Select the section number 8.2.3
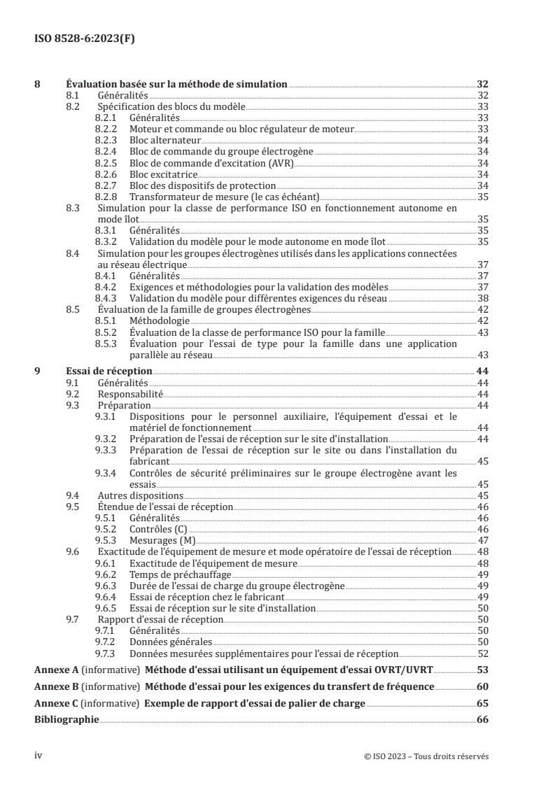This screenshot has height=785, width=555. click(x=105, y=140)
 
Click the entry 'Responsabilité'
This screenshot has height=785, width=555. click(x=130, y=394)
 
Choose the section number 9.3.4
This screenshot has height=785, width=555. click(x=105, y=473)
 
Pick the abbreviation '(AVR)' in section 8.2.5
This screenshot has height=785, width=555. click(x=280, y=162)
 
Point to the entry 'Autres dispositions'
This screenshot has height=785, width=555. click(x=140, y=495)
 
